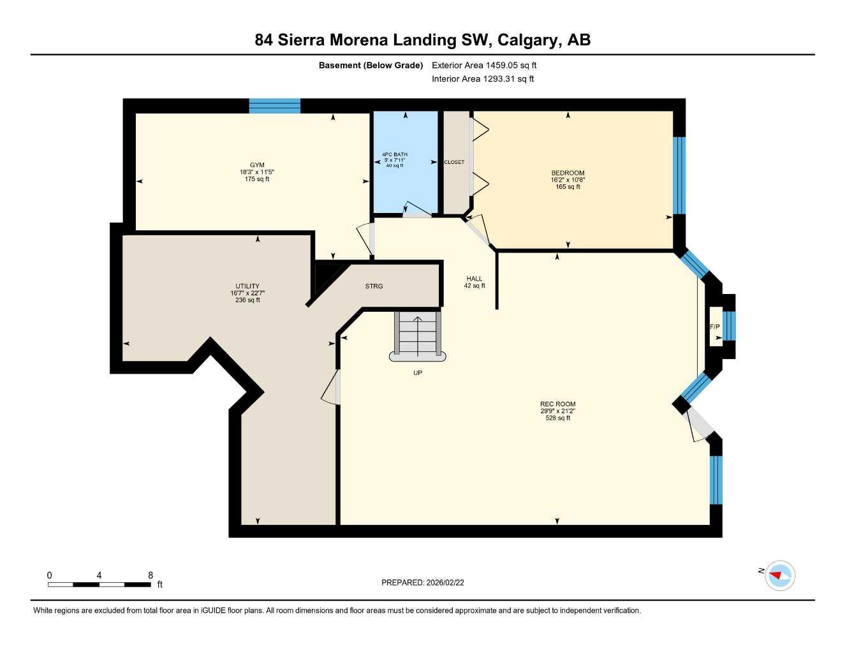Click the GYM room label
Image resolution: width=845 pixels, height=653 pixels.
257,165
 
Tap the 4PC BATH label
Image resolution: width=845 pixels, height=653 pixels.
395,154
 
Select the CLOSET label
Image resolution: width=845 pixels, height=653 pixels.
454,162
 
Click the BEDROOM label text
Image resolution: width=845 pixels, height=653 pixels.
568,173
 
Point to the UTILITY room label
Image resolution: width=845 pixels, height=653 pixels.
247,286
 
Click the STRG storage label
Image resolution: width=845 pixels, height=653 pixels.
374,286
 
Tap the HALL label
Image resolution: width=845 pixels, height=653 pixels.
474,279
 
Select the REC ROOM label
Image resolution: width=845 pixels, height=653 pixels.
557,404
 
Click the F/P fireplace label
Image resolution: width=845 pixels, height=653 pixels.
715,327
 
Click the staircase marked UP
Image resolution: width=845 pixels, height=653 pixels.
418,335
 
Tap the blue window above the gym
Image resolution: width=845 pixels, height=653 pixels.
274,106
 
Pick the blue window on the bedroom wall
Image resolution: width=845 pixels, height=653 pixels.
679,175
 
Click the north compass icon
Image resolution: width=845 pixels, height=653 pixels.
779,576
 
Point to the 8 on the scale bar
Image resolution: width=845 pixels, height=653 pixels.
151,575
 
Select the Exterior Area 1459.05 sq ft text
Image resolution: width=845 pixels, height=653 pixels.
484,65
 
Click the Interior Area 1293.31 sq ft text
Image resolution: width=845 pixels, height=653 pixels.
482,79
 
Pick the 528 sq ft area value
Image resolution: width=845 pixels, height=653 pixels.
557,418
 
